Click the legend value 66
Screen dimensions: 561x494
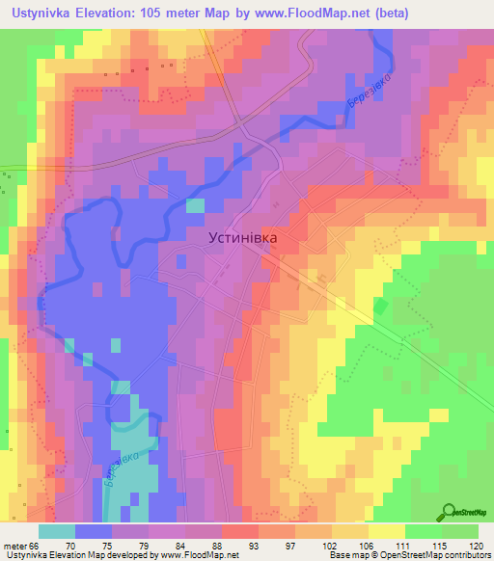click(36, 545)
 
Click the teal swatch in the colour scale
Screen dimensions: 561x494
click(57, 531)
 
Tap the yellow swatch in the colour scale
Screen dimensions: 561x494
click(387, 531)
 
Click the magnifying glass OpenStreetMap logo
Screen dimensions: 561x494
click(450, 512)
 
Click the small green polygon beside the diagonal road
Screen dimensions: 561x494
click(379, 307)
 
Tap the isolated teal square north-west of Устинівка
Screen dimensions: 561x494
click(195, 205)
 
